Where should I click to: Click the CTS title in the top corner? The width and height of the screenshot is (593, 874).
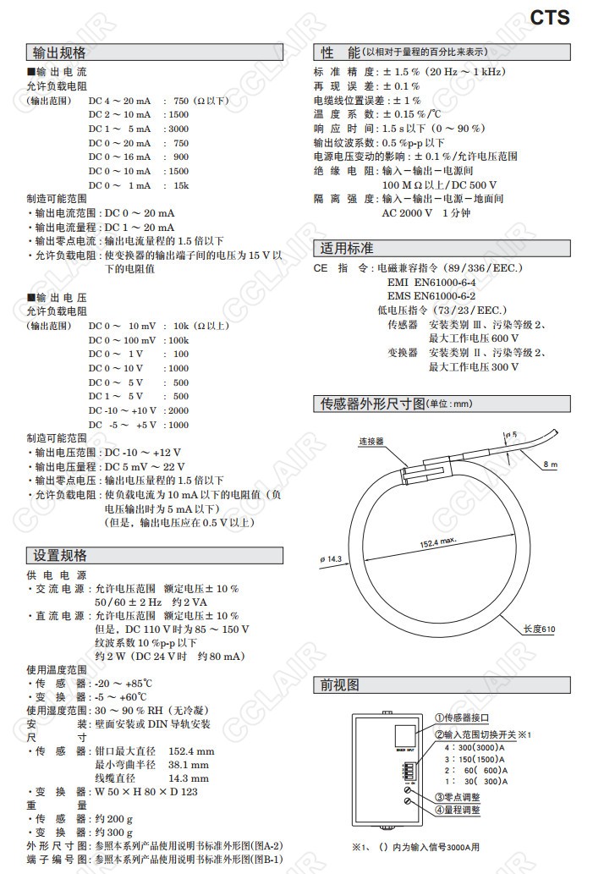tap(550, 17)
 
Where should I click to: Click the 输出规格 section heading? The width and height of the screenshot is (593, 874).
tap(59, 53)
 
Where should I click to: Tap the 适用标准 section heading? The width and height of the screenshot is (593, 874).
tap(346, 249)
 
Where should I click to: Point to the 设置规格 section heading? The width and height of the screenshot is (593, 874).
tap(59, 556)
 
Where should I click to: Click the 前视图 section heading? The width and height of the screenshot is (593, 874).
tap(340, 684)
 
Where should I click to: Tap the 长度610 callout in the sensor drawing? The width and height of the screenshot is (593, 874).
tap(539, 629)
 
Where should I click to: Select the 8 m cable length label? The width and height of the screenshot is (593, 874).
tap(551, 464)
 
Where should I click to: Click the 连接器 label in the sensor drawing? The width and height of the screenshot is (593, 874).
tap(371, 442)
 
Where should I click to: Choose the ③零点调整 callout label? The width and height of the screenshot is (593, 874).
tap(457, 797)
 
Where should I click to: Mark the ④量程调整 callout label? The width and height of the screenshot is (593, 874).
tap(457, 810)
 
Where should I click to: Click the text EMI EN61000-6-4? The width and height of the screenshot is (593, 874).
tap(431, 283)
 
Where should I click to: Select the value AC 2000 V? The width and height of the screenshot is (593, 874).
tap(407, 213)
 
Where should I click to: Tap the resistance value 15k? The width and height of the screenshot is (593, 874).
tap(180, 185)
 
